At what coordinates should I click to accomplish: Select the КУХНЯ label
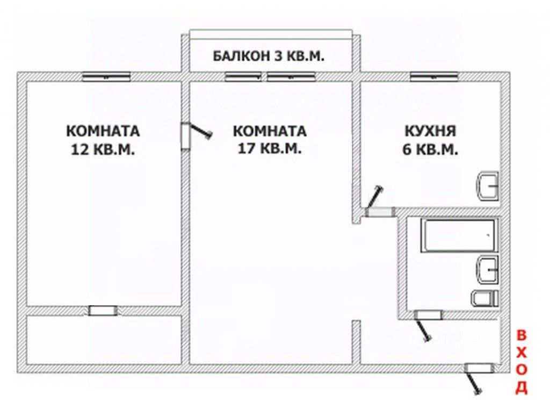(x=430, y=131)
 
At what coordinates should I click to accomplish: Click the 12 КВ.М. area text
(x=103, y=149)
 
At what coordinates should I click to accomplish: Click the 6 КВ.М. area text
(x=430, y=150)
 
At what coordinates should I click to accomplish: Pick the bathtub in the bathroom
(x=460, y=235)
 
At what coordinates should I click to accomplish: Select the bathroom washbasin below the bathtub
(x=487, y=268)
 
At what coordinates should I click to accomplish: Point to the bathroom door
(x=428, y=315)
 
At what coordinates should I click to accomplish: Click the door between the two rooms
(x=186, y=134)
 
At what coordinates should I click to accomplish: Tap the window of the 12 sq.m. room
(x=106, y=77)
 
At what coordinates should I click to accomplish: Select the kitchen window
(x=433, y=76)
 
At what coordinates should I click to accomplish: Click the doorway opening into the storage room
(x=103, y=311)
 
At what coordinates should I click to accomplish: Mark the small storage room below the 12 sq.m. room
(x=103, y=340)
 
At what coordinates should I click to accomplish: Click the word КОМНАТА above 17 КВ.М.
(x=270, y=131)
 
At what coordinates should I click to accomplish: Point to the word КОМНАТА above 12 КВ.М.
(x=103, y=131)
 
